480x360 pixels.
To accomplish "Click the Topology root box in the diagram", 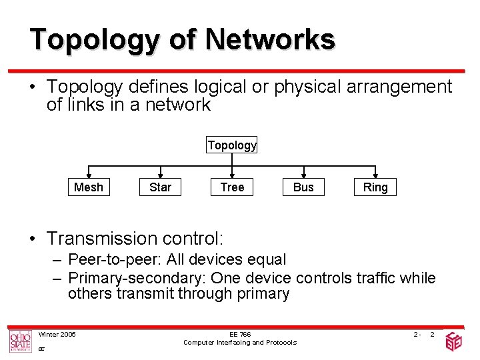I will click(x=231, y=145).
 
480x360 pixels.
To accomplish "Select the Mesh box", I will click(x=89, y=187).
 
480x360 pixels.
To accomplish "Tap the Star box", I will click(x=160, y=187).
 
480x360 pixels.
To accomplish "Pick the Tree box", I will click(x=232, y=187).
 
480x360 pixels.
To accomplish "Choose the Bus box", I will click(x=303, y=187).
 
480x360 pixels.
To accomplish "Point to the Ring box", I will click(x=375, y=187).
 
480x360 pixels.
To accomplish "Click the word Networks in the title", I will click(x=270, y=39).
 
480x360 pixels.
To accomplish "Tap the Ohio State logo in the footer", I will click(x=20, y=341).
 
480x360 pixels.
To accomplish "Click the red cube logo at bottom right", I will click(x=453, y=341).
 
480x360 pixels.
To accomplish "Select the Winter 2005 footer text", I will click(x=57, y=334).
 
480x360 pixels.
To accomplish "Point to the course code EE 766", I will click(x=240, y=334).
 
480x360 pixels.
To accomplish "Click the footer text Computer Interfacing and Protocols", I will click(x=240, y=343).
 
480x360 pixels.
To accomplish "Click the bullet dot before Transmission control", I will click(x=33, y=239).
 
